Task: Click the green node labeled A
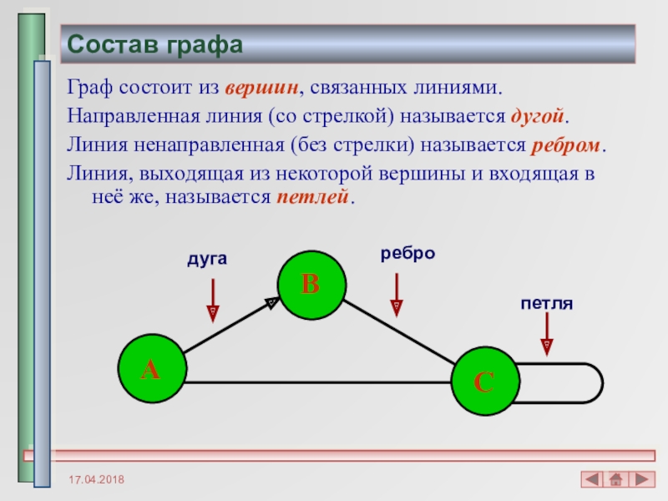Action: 152,368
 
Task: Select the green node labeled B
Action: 311,285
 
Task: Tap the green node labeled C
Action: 485,382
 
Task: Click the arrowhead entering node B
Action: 272,303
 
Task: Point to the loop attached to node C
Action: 602,383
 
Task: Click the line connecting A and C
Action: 318,382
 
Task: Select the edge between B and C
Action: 399,332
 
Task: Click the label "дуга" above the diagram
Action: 207,259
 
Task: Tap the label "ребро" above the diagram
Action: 407,254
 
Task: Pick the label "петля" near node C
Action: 547,303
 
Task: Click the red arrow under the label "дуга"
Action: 213,301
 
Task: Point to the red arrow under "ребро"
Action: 397,296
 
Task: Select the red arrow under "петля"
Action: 547,334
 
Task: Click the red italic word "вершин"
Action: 261,88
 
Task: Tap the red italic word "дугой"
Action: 537,116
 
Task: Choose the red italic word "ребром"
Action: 565,145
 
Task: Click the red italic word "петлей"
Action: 312,197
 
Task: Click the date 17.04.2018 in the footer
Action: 96,479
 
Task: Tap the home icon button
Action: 616,479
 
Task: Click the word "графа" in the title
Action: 205,45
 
